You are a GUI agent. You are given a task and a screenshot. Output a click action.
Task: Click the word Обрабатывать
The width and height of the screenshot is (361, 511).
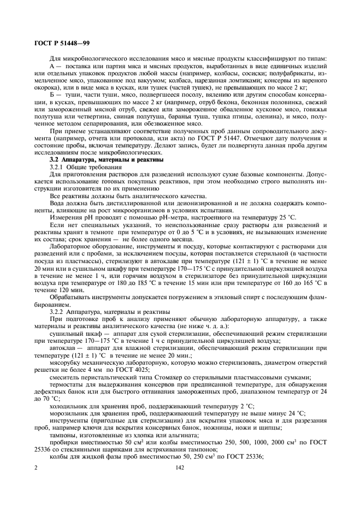click(70, 298)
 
